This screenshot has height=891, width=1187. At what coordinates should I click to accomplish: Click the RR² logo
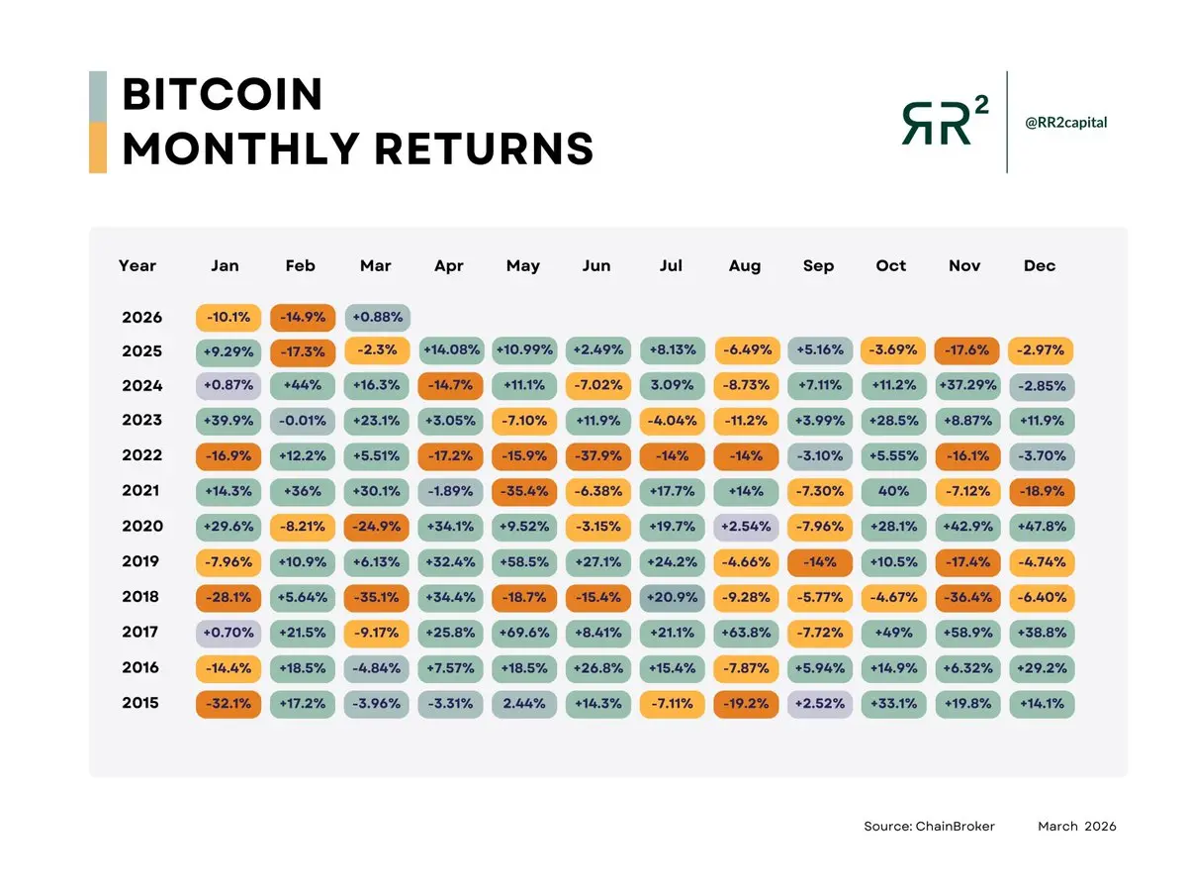pos(944,123)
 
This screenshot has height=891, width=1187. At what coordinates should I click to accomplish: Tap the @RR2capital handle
pos(1065,123)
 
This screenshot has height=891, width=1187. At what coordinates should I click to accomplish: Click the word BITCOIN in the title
pos(223,95)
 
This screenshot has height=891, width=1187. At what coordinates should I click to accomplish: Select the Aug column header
pos(745,265)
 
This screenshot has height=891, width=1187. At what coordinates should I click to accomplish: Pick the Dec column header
pos(1040,265)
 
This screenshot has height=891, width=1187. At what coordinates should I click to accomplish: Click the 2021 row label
pos(141,491)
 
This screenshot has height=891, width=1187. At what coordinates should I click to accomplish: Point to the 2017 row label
pos(141,632)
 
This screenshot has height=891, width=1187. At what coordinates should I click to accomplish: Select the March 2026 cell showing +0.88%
pos(376,318)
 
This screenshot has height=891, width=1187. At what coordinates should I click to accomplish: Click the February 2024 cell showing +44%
pos(302,385)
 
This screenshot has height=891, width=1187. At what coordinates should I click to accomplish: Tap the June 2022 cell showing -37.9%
pos(596,456)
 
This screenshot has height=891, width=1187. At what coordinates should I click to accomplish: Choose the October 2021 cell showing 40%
pos(891,491)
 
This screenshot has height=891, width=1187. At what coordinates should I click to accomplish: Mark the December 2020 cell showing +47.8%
pos(1041,527)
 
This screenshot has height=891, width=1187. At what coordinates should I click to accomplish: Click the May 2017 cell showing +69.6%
pos(523,633)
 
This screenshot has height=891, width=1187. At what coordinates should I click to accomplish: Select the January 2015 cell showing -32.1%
pos(228,704)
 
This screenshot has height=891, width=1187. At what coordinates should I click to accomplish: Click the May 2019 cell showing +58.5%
pos(523,562)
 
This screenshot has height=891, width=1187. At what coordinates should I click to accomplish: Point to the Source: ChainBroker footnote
pos(929,826)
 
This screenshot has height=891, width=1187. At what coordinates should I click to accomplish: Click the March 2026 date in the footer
pos(1076,826)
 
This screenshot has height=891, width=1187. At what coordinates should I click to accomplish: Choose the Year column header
pos(137,265)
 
